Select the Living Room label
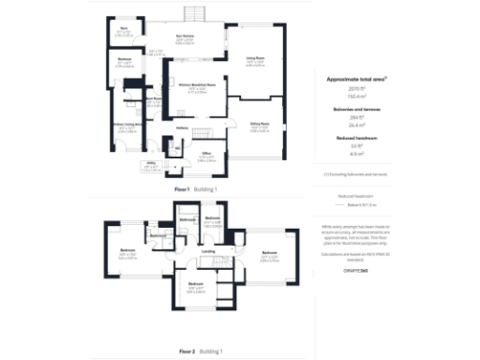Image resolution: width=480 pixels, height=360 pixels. point(252,59)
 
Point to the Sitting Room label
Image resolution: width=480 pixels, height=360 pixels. point(260,123)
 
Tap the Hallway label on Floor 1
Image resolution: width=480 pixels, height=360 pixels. point(183,128)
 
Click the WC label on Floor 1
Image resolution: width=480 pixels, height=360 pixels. point(175,147)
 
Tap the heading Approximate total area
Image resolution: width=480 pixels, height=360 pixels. point(357,80)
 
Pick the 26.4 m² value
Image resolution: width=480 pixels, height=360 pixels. point(357,124)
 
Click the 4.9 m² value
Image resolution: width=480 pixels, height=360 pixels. point(357,153)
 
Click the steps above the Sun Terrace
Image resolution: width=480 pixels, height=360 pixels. point(195,13)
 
